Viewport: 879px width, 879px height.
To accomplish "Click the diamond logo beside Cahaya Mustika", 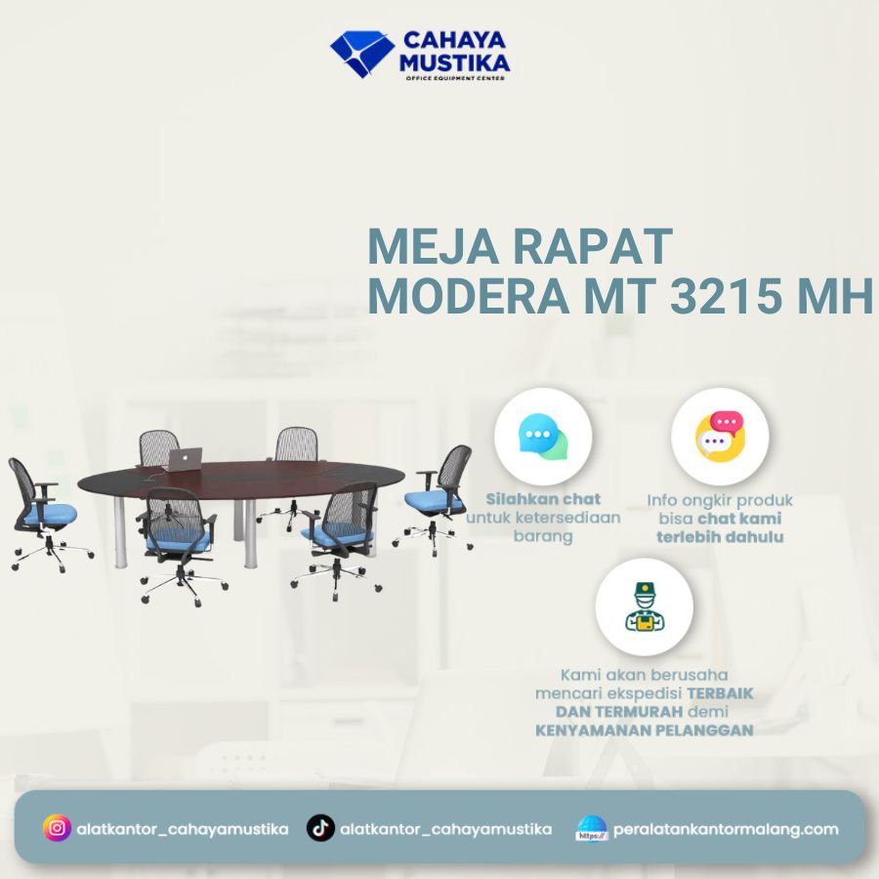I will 361,53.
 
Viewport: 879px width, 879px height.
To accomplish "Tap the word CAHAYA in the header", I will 454,41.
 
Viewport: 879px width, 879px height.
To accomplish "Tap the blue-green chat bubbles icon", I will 543,437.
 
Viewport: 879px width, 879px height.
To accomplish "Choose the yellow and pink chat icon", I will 720,437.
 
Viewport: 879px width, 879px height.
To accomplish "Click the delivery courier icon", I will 644,607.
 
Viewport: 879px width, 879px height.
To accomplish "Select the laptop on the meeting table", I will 184,459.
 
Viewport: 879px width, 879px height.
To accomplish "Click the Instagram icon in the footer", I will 58,828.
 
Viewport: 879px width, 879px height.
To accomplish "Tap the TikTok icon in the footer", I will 320,828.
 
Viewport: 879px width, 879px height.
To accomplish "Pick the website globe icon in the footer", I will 592,829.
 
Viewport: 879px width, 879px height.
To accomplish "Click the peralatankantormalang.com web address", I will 726,829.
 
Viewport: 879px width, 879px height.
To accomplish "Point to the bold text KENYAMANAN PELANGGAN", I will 644,730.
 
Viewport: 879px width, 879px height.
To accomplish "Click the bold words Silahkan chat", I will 543,499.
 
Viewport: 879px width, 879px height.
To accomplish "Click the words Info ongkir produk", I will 720,500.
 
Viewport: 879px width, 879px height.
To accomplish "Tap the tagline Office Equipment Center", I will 455,77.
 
